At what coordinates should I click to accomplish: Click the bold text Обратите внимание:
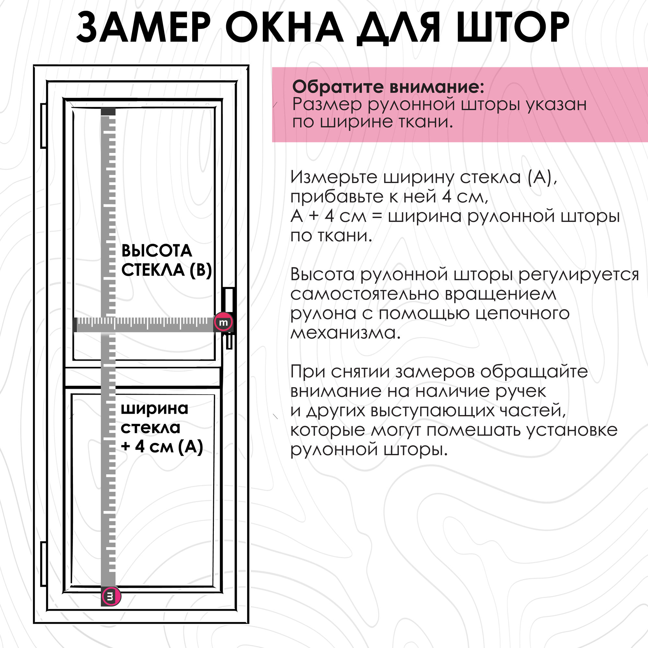pos(388,87)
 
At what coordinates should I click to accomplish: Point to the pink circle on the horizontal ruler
pos(223,322)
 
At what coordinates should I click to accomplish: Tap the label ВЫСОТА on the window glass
pos(156,250)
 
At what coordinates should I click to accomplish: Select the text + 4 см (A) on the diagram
pos(162,446)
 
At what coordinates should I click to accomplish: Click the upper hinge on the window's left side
pos(43,126)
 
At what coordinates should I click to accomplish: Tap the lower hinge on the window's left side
pos(43,564)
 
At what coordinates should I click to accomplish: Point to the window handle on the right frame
pos(229,315)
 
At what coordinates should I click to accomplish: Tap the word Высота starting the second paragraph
pos(322,274)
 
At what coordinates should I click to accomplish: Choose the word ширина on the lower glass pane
pos(154,408)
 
